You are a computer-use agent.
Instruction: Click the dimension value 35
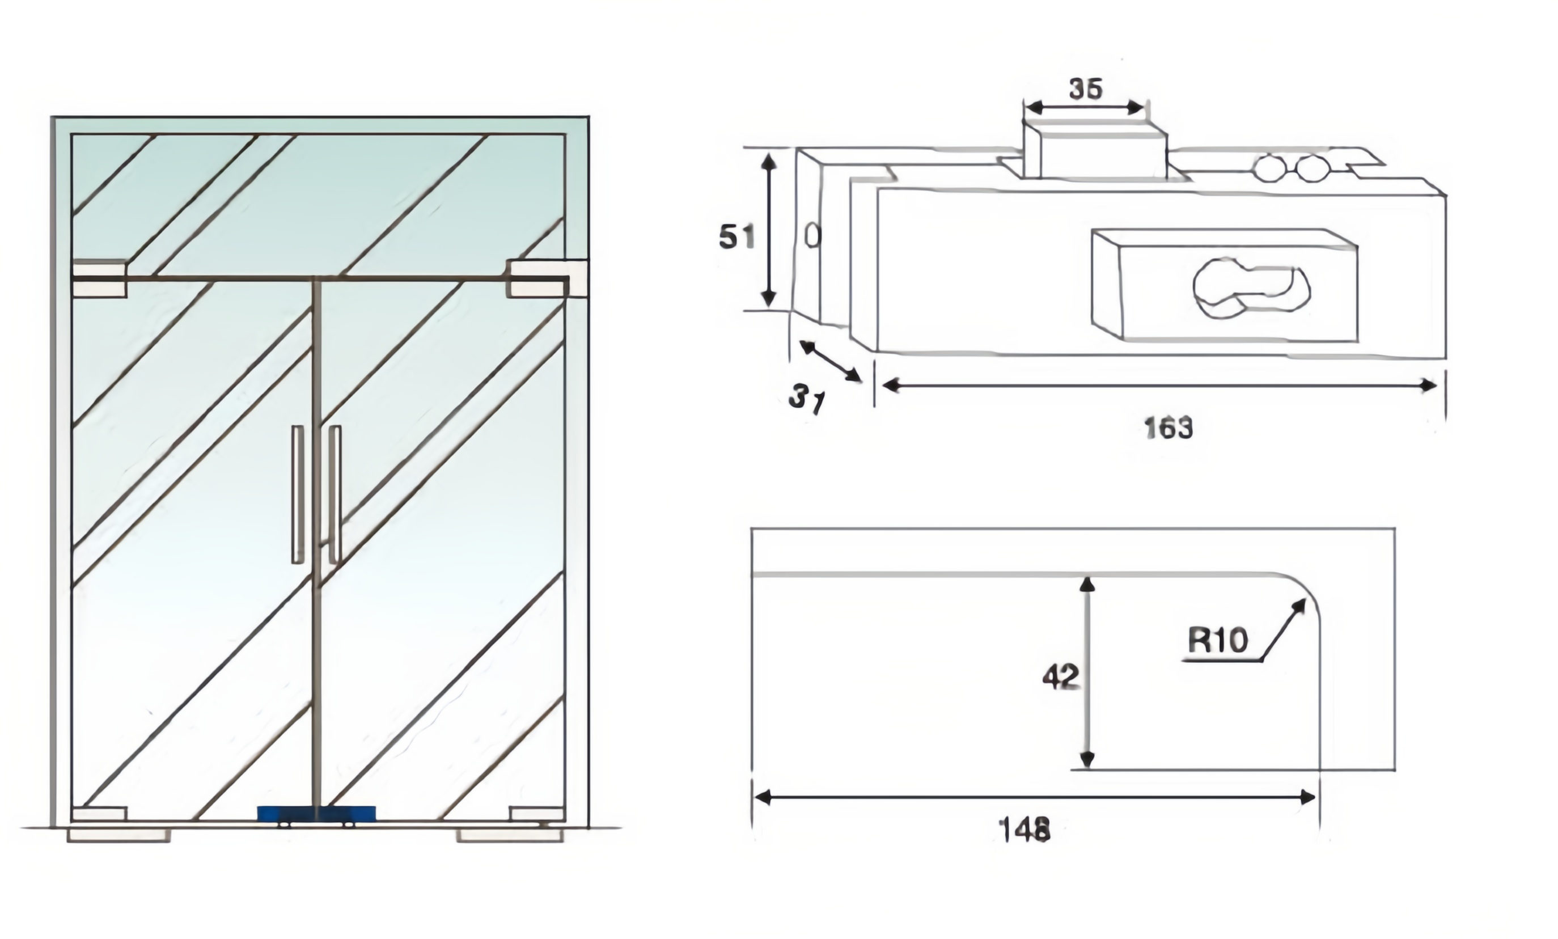pos(1086,89)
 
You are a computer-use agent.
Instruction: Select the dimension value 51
pos(736,237)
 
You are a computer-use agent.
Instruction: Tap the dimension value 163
pos(1168,428)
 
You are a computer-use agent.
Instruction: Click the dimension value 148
pos(1024,829)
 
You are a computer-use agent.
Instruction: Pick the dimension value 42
pos(1060,677)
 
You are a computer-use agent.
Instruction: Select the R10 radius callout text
pos(1218,640)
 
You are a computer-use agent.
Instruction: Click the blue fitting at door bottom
pos(316,814)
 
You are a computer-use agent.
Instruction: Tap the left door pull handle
pos(297,494)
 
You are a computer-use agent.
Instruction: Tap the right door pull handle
pos(335,494)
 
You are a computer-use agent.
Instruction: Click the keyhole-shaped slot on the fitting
pos(1250,289)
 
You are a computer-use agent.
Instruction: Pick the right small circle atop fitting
pos(1311,168)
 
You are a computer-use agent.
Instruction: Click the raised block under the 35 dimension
pos(1095,152)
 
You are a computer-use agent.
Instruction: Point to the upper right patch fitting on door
pos(539,280)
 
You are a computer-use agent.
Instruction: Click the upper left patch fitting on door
pos(99,279)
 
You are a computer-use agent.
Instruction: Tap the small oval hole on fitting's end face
pos(812,236)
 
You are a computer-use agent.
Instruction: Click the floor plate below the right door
pos(510,835)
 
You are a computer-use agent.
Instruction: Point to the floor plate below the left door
pos(119,835)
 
